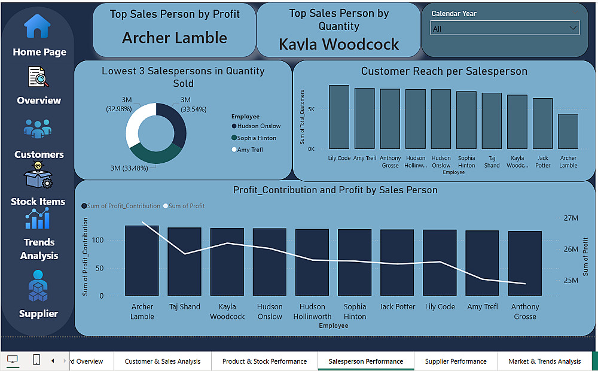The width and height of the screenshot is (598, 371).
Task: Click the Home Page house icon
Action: [37, 26]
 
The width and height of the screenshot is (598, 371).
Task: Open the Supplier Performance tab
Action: [455, 361]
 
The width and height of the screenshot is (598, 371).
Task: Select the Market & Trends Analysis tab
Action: [544, 361]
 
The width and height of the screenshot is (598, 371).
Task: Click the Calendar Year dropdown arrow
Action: [573, 28]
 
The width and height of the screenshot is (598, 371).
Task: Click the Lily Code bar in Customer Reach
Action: [339, 117]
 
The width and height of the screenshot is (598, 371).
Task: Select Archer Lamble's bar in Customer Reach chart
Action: [568, 131]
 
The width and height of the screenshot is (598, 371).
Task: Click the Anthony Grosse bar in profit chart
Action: [524, 263]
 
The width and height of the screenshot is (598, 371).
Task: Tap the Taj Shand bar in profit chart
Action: [184, 261]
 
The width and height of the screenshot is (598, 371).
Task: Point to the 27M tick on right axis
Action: [570, 218]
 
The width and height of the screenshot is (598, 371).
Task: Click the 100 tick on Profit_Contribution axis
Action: [97, 241]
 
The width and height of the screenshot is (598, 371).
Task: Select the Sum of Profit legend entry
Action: [185, 206]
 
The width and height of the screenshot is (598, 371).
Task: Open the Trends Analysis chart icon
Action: [38, 220]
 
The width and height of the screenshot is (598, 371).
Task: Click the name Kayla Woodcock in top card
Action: [338, 44]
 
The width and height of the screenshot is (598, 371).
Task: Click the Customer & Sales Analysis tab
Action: [162, 361]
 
